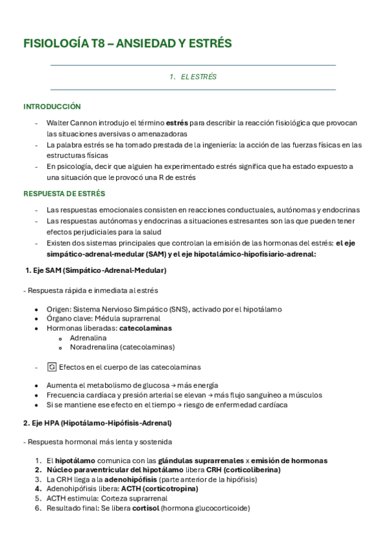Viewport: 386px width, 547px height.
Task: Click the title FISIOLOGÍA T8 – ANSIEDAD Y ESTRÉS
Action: pyautogui.click(x=128, y=43)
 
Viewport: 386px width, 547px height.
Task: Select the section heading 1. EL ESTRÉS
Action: pyautogui.click(x=193, y=77)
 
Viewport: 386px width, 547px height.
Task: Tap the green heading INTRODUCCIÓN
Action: pyautogui.click(x=52, y=106)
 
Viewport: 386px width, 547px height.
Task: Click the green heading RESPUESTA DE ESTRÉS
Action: pyautogui.click(x=64, y=193)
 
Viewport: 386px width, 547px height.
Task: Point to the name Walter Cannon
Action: pyautogui.click(x=72, y=123)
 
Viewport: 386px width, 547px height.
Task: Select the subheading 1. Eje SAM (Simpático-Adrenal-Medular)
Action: pyautogui.click(x=95, y=270)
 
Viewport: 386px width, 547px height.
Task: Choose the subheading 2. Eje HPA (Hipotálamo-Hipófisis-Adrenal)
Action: pyautogui.click(x=97, y=423)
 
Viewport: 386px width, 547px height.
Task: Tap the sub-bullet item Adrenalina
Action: pyautogui.click(x=88, y=337)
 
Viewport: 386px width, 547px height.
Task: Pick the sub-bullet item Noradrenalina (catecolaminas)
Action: pyautogui.click(x=122, y=346)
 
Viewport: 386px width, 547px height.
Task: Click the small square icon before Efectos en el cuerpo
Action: pyautogui.click(x=52, y=367)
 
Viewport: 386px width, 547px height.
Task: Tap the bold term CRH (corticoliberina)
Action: pyautogui.click(x=242, y=470)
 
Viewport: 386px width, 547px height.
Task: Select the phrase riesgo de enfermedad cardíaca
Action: pyautogui.click(x=235, y=404)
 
